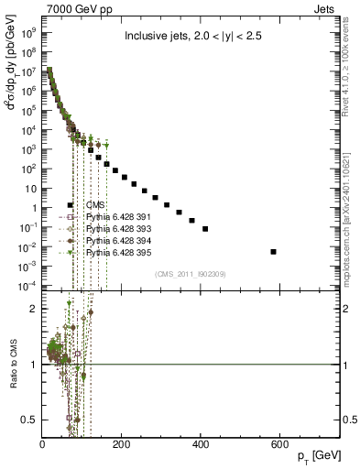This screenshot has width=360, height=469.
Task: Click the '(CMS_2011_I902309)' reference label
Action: (190, 274)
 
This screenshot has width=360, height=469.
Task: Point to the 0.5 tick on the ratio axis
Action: (33, 420)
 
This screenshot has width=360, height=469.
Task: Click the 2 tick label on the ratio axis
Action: (36, 309)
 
